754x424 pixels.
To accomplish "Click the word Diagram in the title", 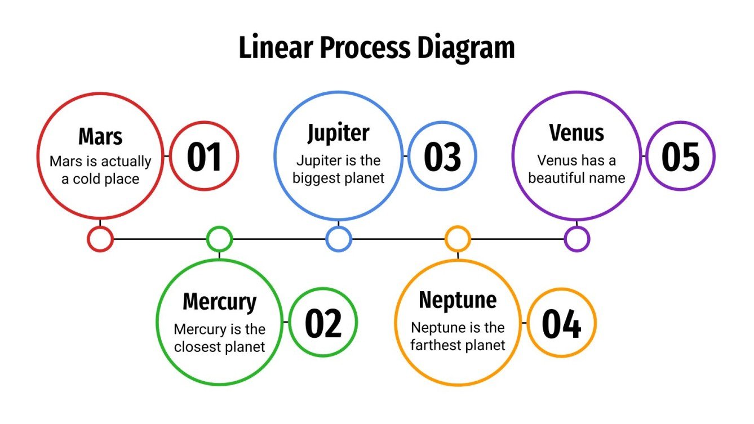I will [466, 48].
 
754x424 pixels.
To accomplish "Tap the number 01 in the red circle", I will [204, 157].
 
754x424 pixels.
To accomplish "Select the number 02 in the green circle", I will [323, 323].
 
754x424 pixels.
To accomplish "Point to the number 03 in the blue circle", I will [442, 157].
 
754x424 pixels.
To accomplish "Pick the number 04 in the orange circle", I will [561, 323].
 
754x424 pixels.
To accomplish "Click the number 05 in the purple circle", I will [680, 157].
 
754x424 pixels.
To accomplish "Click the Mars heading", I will [100, 137].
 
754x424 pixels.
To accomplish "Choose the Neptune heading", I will [458, 300].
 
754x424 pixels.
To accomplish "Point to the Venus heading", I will [576, 133].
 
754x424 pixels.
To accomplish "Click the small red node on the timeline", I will [100, 239].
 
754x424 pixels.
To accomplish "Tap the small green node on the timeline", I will [219, 239].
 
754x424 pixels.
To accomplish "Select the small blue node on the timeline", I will [338, 239].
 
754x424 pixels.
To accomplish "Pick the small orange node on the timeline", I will [458, 239].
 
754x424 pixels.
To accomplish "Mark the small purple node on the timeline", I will [576, 239].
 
